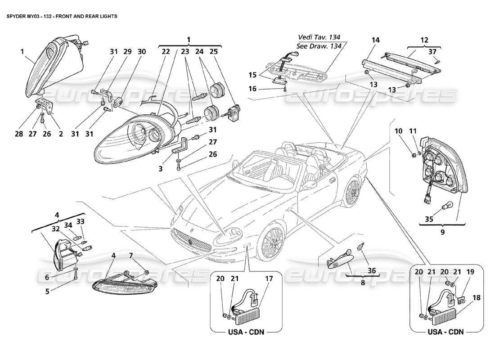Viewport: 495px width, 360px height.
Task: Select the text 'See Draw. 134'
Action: tap(318, 46)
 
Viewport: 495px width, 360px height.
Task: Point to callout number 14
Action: tap(375, 40)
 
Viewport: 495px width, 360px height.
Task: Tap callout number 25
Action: tap(213, 52)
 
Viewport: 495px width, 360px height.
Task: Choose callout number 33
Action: tap(80, 221)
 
